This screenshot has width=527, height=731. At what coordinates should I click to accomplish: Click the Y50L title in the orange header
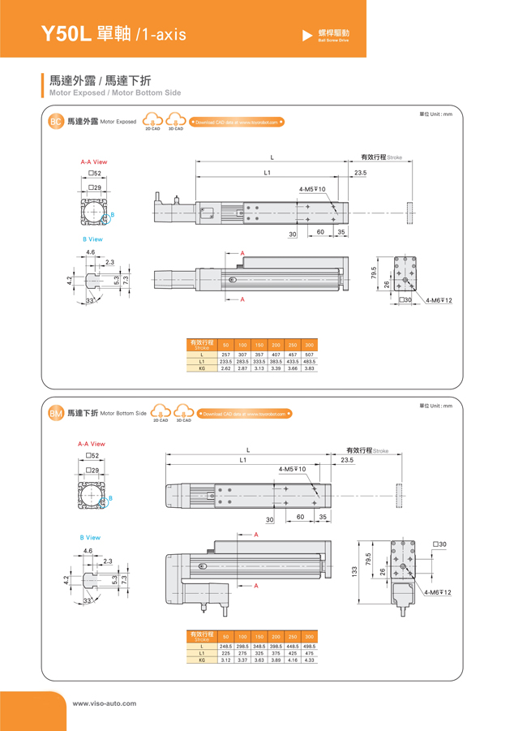point(66,33)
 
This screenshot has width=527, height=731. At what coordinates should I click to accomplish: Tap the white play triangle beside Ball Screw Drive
point(307,35)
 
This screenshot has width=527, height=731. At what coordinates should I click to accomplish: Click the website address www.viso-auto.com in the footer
point(105,703)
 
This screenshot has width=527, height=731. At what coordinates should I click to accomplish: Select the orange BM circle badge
point(56,414)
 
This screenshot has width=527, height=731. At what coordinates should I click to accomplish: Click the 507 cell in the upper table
point(309,355)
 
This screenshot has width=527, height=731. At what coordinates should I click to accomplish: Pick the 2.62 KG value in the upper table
point(225,368)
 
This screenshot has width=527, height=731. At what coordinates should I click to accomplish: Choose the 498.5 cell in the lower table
point(309,647)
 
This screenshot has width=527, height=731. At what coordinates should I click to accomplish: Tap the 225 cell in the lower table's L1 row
point(225,653)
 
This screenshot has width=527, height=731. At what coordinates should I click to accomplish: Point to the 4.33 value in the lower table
point(309,660)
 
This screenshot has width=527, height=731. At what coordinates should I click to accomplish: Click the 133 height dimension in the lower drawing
point(354,572)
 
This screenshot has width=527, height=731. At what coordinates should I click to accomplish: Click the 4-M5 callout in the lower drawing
point(292,469)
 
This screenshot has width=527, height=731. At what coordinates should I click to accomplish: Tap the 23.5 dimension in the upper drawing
point(360,173)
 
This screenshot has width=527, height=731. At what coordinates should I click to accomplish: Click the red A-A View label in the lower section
point(92,444)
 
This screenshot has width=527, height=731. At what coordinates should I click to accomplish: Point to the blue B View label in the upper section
point(92,239)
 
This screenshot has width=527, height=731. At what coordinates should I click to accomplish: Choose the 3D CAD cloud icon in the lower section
point(184,413)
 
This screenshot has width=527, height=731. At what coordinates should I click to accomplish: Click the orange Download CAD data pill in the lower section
point(243,414)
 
